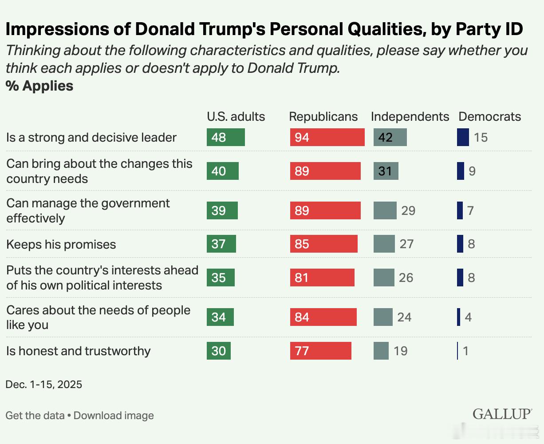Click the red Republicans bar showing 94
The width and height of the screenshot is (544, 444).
[327, 137]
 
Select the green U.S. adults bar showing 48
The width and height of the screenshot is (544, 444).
[225, 137]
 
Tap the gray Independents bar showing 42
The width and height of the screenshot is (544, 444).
[390, 137]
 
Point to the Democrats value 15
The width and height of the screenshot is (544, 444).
[481, 137]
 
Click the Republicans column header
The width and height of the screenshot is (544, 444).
[323, 116]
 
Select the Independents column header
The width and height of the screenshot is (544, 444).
[410, 116]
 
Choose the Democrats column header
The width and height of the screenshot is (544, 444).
[489, 116]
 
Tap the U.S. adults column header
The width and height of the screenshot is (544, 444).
[236, 116]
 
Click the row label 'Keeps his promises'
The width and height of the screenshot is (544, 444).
[61, 244]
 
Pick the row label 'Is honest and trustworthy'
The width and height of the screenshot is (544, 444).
[79, 351]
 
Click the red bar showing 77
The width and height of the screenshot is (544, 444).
[320, 351]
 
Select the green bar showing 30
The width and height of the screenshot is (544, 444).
[219, 351]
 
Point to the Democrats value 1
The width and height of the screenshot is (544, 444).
[465, 351]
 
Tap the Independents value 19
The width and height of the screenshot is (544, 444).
[400, 351]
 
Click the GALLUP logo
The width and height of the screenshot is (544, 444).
[502, 414]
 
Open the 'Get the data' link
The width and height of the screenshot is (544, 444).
[35, 416]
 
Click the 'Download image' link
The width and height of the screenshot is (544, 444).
[114, 416]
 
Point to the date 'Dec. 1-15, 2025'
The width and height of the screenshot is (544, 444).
[43, 384]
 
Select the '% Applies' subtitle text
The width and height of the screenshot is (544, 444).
[39, 86]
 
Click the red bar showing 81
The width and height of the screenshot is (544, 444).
[322, 277]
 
